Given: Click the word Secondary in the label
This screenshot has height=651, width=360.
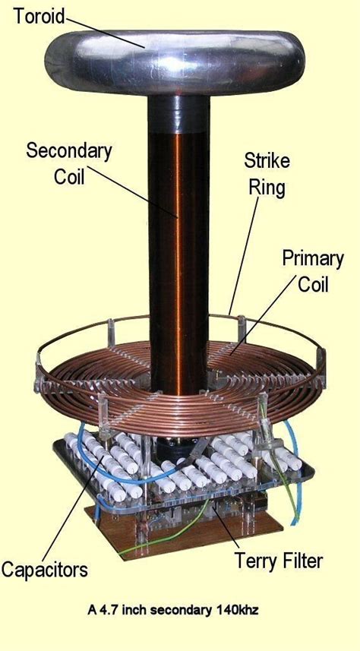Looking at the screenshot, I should pos(68,150).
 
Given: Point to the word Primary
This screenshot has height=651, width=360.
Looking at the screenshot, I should pos(313,258).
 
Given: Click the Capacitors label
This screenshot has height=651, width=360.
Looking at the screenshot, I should pos(44,568).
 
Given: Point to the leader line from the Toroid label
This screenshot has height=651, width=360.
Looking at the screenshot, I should pos(106,30).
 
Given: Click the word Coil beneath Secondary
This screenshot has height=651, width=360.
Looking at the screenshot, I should pos(68,175).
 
